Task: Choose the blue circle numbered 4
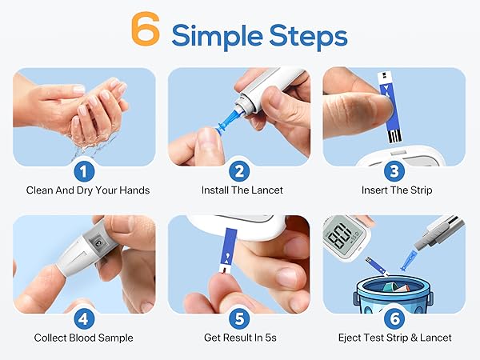(x=84, y=318)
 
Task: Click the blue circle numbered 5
(x=238, y=318)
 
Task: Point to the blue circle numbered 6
(x=392, y=318)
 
